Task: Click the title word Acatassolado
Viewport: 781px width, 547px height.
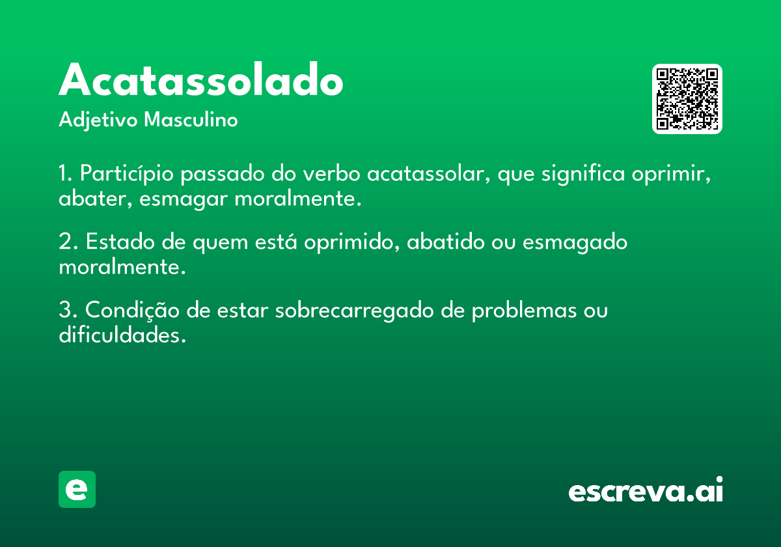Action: pyautogui.click(x=201, y=79)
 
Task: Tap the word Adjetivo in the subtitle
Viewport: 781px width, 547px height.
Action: pyautogui.click(x=98, y=120)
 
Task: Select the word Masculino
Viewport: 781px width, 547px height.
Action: pyautogui.click(x=191, y=119)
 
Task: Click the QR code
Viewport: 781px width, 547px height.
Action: pyautogui.click(x=687, y=99)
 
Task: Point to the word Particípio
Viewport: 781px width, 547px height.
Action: pyautogui.click(x=126, y=173)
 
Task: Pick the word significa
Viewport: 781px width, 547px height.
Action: pyautogui.click(x=583, y=173)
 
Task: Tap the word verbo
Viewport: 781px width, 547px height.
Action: pyautogui.click(x=331, y=173)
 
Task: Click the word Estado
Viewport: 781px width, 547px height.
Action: pyautogui.click(x=120, y=242)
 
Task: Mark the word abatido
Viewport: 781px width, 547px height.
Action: pyautogui.click(x=446, y=242)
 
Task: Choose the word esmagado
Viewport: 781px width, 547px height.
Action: pyautogui.click(x=575, y=242)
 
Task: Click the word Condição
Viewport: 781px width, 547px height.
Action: pyautogui.click(x=132, y=310)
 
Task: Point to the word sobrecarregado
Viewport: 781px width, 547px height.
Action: pyautogui.click(x=354, y=311)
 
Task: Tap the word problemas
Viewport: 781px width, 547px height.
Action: pyautogui.click(x=525, y=311)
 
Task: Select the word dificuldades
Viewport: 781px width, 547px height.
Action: pyautogui.click(x=122, y=335)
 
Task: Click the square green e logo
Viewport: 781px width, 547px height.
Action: pyautogui.click(x=77, y=489)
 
